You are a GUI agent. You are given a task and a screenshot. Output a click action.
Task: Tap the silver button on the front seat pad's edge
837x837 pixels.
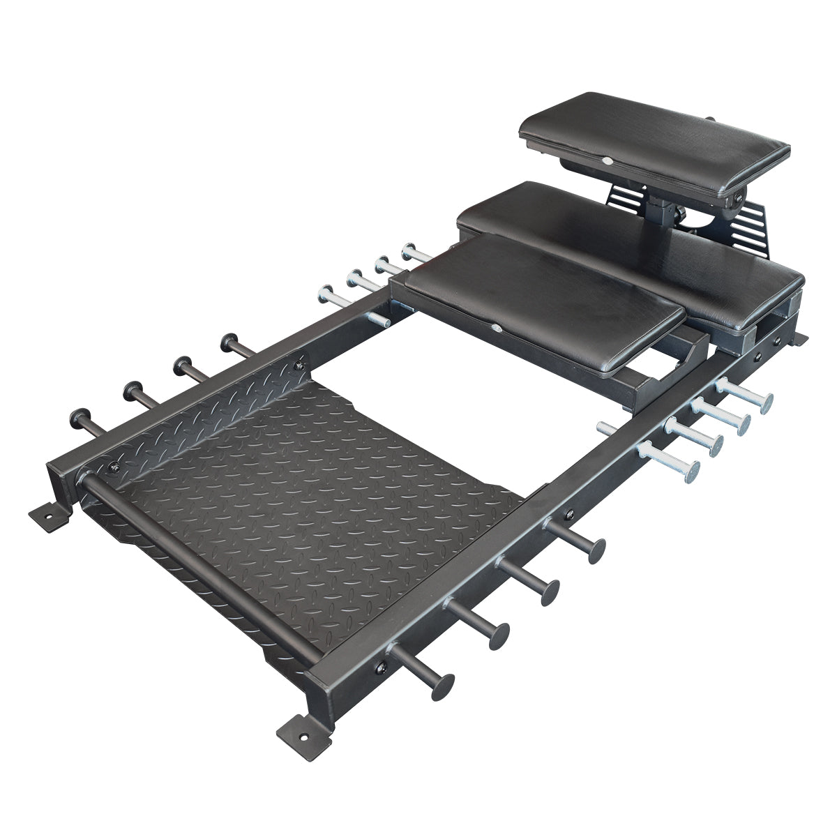coord(496,328)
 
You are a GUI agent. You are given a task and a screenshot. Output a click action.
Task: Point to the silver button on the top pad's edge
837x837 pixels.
coord(608,160)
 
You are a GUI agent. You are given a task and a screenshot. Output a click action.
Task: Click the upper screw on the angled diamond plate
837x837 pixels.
coord(301,361)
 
